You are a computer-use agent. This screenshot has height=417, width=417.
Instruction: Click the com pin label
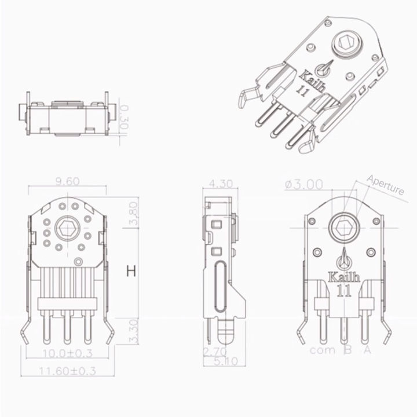(321, 350)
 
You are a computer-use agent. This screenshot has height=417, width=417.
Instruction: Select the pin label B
(348, 350)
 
